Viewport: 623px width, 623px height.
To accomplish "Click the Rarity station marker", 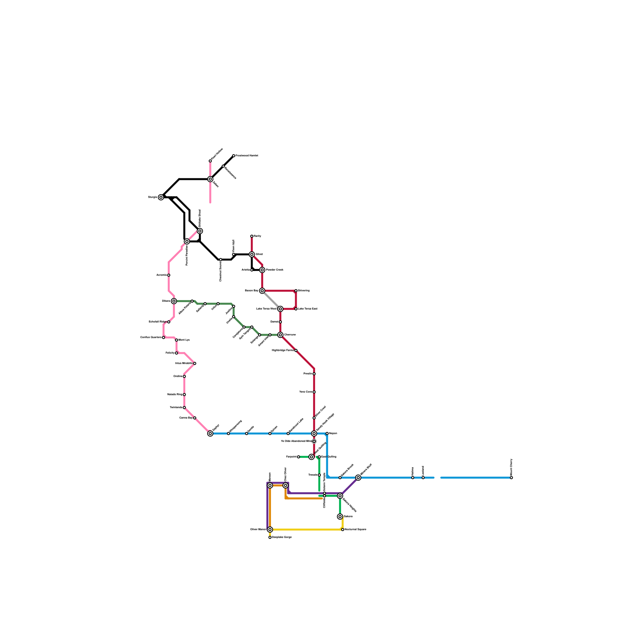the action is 252,236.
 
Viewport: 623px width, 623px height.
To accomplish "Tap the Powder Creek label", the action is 275,270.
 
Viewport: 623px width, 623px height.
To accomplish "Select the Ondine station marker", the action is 184,377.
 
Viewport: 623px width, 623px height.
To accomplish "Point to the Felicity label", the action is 170,353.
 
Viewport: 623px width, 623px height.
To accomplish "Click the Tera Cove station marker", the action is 314,392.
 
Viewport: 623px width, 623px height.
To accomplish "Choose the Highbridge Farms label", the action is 283,350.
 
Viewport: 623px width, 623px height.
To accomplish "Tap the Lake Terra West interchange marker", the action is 280,309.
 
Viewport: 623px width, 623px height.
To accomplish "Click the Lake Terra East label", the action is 308,309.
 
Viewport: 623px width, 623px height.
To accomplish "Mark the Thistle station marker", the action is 319,475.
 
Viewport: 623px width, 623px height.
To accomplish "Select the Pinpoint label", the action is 291,457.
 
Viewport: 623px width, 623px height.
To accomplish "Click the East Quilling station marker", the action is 319,457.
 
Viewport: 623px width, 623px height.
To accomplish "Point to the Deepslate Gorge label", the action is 282,537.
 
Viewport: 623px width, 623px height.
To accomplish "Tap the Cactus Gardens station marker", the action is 164,338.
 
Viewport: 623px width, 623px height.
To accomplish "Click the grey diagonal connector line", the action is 271,300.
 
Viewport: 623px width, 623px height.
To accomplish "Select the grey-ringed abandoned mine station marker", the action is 314,441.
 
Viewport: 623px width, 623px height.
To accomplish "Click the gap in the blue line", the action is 437,478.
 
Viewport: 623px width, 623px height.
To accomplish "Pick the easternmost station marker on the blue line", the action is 511,478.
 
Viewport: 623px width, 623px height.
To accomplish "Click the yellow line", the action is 308,530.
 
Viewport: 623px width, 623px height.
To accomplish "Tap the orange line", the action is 304,498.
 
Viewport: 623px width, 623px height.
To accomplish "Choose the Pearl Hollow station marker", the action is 210,161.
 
